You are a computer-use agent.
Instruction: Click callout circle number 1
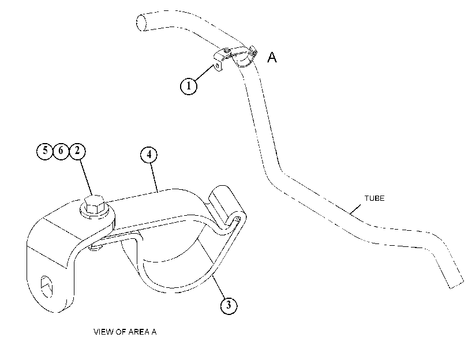point(189,86)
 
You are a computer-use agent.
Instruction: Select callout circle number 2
point(77,151)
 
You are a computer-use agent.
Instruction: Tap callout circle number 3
point(229,305)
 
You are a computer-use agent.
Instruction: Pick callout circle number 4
point(149,155)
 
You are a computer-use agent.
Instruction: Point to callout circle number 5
point(45,151)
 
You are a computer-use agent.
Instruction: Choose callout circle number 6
point(61,151)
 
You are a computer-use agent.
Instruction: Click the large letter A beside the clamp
point(272,57)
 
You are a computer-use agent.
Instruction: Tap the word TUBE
point(375,198)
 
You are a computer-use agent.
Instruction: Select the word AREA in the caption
point(139,332)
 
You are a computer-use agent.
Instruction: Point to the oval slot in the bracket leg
point(47,287)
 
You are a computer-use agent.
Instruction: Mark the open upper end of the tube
point(141,22)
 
